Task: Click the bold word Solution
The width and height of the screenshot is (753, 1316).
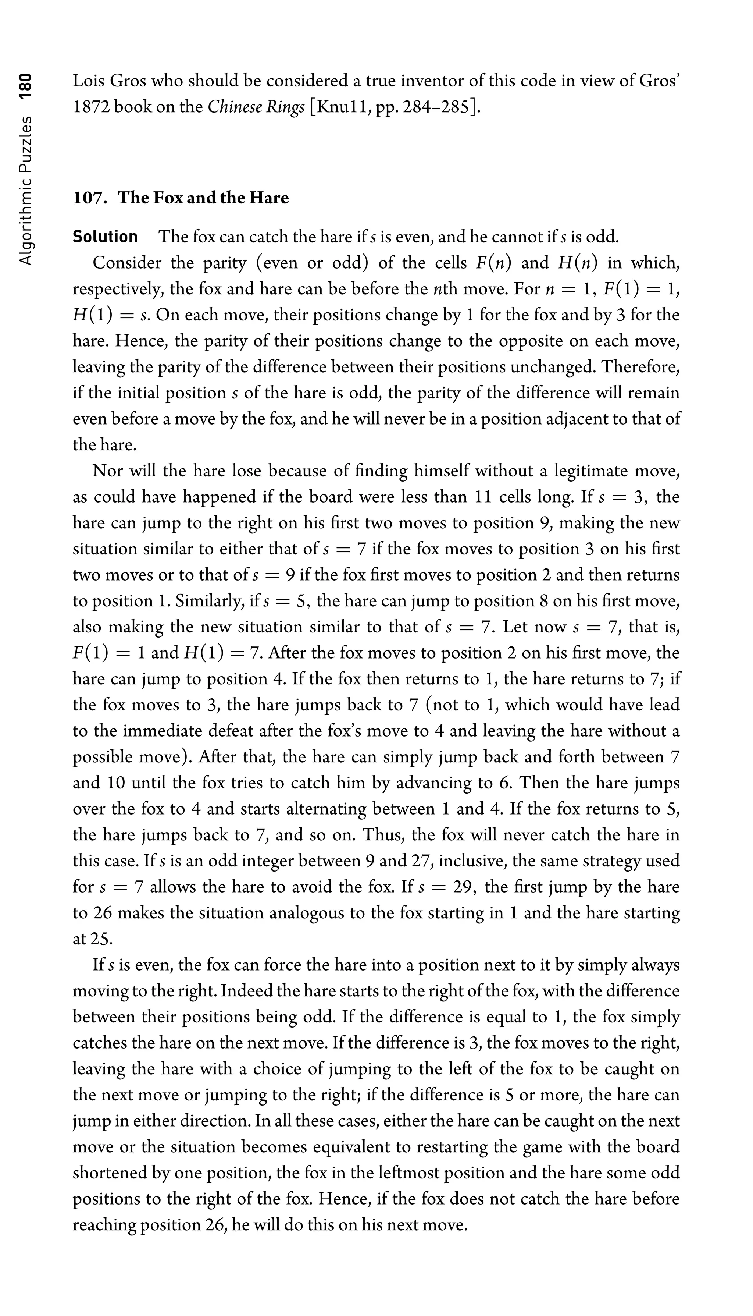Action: [x=105, y=237]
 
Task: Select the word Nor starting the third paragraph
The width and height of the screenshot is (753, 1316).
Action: [x=106, y=471]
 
